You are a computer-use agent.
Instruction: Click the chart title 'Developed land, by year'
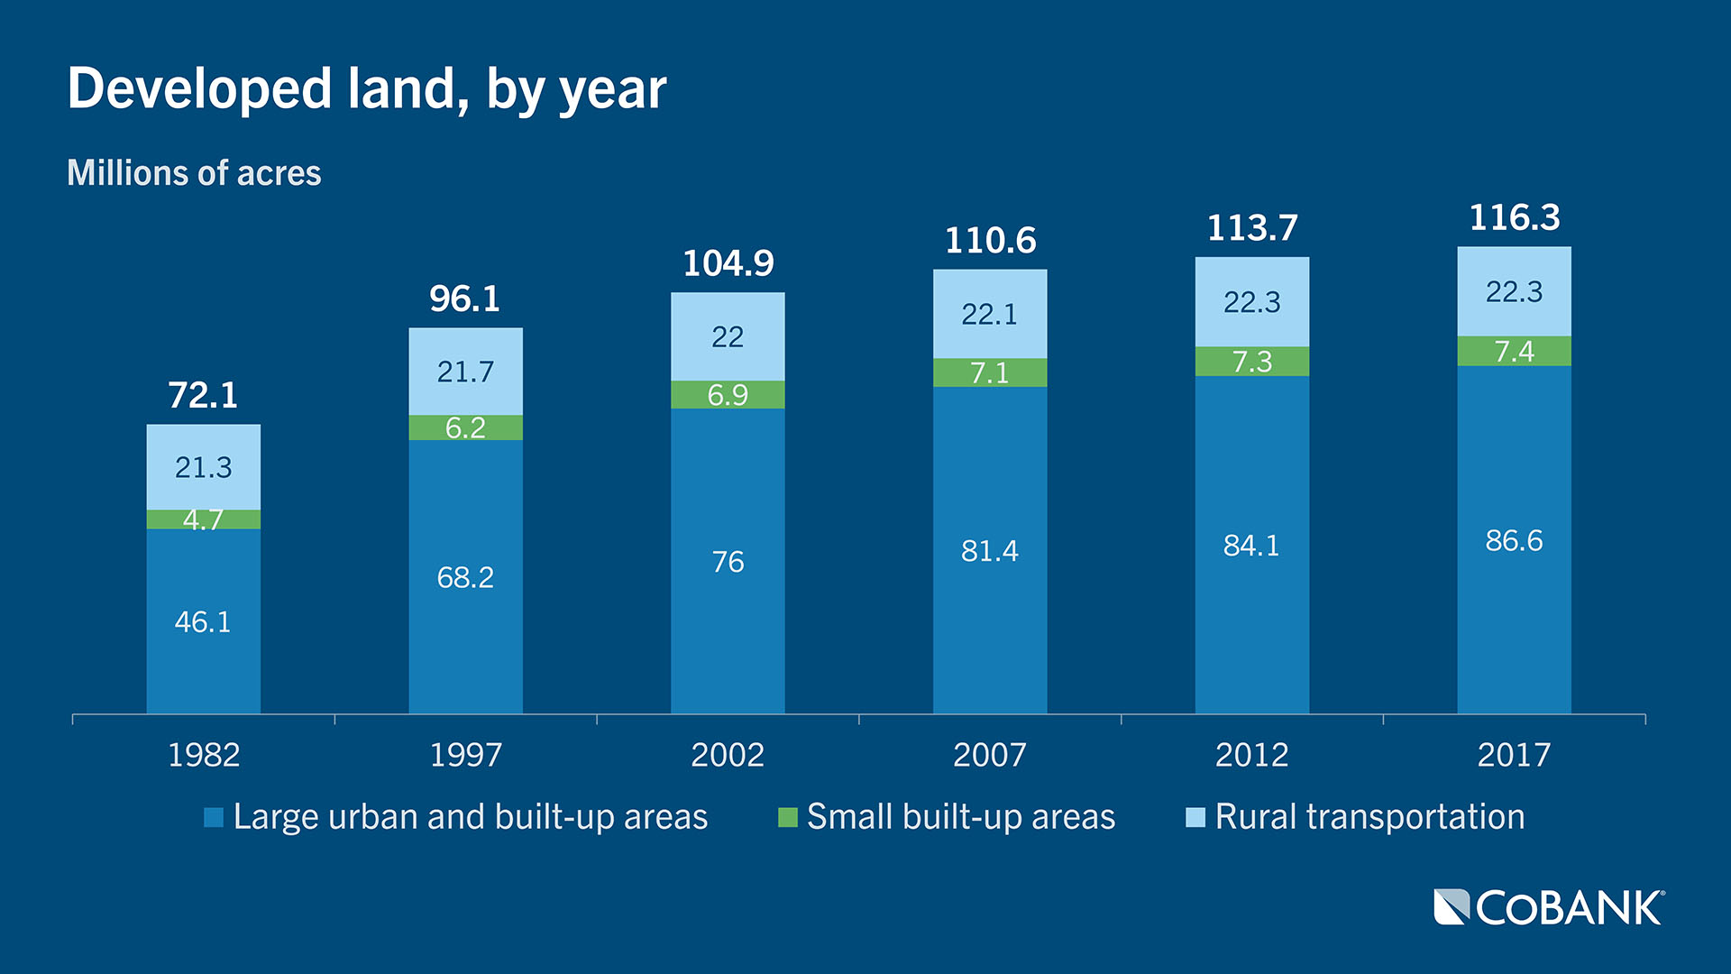point(366,89)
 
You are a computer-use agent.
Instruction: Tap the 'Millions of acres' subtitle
point(194,172)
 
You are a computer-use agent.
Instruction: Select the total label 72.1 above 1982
point(203,395)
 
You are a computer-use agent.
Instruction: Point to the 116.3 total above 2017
point(1514,217)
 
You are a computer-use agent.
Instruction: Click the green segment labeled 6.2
point(465,427)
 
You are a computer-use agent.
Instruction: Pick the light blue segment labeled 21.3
point(203,467)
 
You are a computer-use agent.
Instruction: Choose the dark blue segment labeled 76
point(728,561)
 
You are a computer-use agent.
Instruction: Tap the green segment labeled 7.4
point(1514,351)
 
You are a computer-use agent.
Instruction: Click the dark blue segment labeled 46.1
point(203,621)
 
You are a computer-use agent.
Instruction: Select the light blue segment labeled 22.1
point(989,314)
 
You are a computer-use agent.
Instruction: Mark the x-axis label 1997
point(465,754)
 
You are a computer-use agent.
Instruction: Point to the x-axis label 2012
point(1251,754)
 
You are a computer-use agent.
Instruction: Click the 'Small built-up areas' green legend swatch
point(788,817)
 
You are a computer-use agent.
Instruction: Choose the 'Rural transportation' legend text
point(1369,817)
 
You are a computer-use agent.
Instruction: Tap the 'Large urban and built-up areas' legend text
point(470,817)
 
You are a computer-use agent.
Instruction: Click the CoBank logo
point(1548,907)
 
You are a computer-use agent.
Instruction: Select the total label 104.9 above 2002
point(728,263)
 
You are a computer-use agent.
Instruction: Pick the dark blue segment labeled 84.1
point(1251,545)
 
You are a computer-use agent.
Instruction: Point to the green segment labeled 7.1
point(989,372)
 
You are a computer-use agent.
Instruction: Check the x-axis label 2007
point(989,754)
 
